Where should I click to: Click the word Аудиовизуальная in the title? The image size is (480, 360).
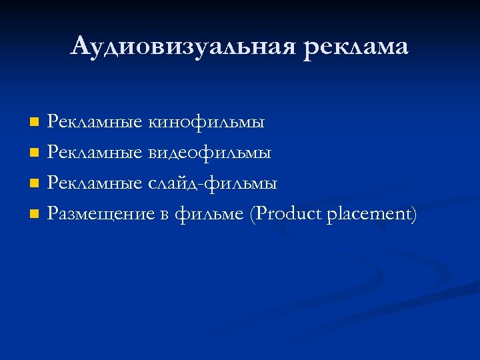(182, 47)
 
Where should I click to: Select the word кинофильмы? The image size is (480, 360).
(207, 122)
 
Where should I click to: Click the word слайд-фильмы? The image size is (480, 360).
(213, 183)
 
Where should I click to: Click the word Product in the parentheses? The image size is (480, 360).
(289, 214)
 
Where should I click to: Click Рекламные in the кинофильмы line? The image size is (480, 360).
(95, 122)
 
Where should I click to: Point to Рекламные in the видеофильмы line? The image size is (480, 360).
(95, 153)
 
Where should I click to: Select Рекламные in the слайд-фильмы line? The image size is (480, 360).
(95, 183)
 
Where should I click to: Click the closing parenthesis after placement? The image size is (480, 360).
(413, 215)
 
